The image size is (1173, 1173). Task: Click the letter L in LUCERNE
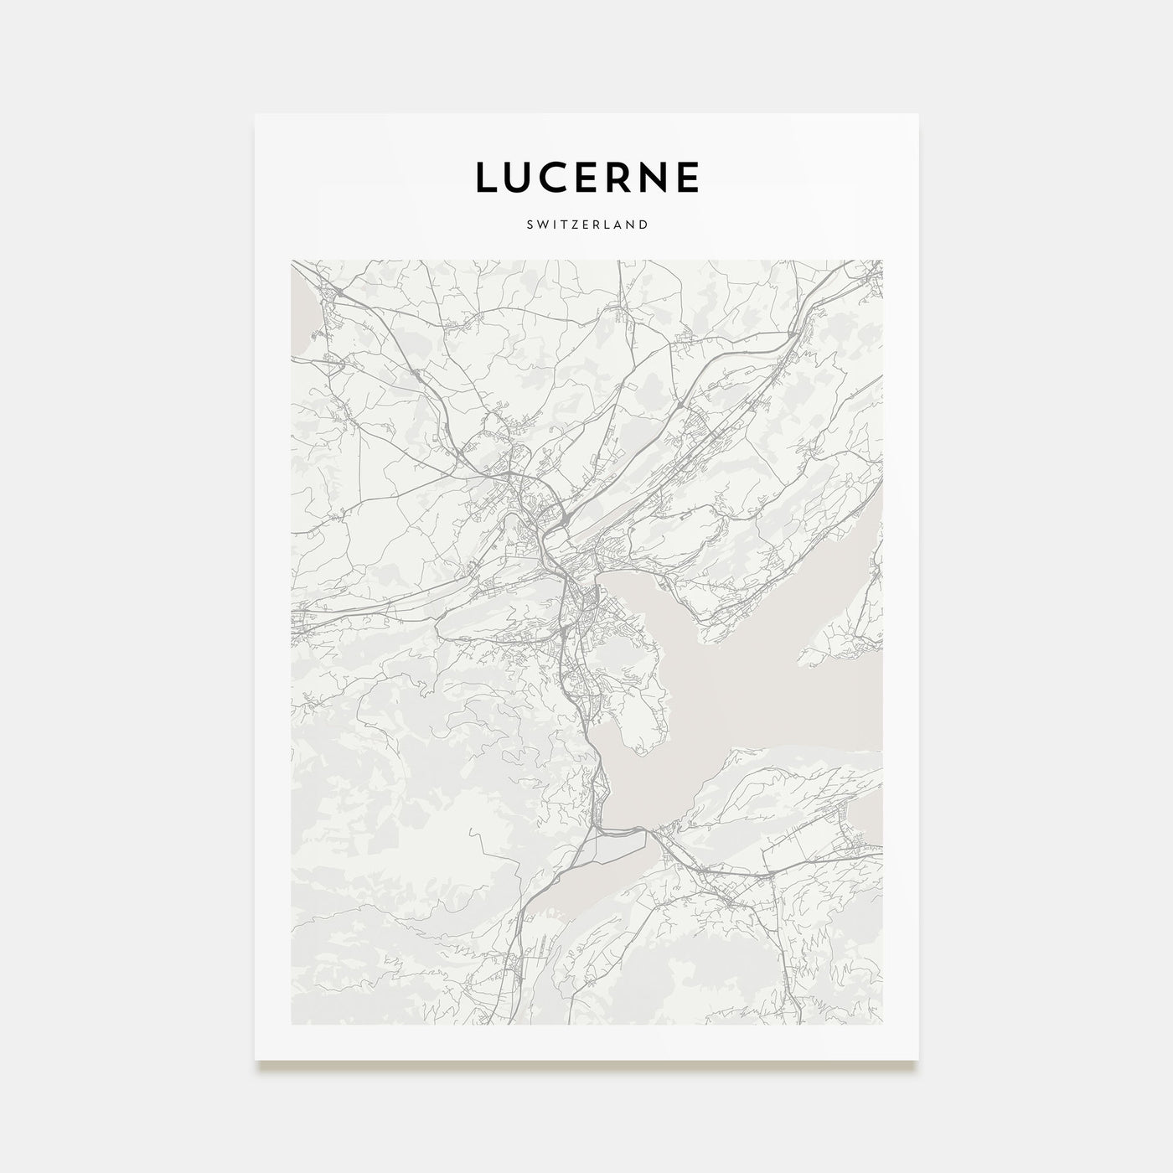[486, 177]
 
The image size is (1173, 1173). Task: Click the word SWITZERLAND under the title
[586, 225]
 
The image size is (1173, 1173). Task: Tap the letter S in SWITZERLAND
[530, 225]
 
